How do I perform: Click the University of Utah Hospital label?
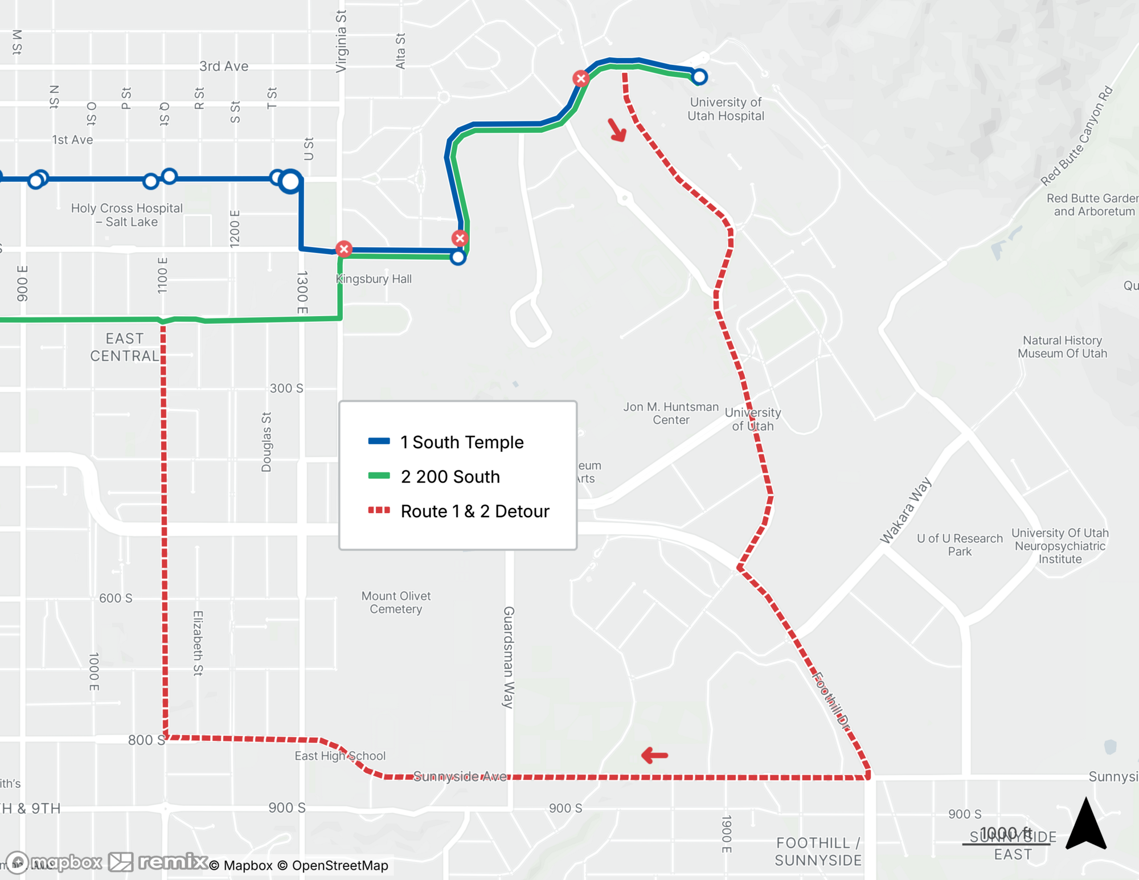[x=726, y=109]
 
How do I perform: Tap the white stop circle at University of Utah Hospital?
[x=699, y=76]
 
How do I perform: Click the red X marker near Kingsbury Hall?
[x=343, y=249]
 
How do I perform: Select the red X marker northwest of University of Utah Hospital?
[x=581, y=79]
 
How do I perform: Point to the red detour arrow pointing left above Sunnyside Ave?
[x=654, y=756]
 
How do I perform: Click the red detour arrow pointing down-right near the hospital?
[x=617, y=130]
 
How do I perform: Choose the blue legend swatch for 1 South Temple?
[x=379, y=441]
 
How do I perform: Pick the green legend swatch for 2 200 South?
[x=379, y=476]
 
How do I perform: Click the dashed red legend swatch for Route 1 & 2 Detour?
[x=379, y=510]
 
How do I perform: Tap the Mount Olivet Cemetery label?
[x=396, y=603]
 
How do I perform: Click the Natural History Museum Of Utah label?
[x=1062, y=347]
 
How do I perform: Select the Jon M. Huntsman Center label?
[x=671, y=414]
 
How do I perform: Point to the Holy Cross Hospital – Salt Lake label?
[x=126, y=215]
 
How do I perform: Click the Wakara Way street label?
[x=906, y=510]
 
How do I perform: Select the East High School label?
[x=340, y=756]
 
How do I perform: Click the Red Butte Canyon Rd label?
[x=1076, y=136]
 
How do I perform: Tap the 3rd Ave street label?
[x=224, y=66]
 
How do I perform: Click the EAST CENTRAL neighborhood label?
[x=125, y=347]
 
